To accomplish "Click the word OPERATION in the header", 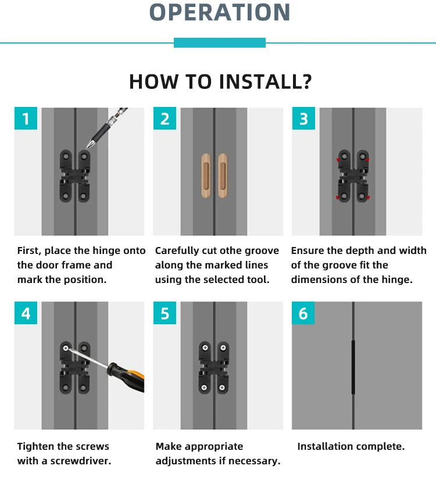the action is coord(220,12).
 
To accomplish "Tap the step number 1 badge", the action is coord(26,118).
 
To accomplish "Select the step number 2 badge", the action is coord(165,118).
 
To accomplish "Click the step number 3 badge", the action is coord(303,118).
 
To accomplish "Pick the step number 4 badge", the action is coord(26,313).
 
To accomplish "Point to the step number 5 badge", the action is coord(165,313).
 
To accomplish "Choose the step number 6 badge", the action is coord(303,313).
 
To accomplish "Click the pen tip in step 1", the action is coord(87,148).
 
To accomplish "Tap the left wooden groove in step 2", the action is coord(206,175).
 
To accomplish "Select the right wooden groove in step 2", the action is coord(223,175).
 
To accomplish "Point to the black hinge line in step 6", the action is coord(353,367).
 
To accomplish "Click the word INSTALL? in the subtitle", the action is coord(265,82).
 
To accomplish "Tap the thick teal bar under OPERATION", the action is coord(220,42).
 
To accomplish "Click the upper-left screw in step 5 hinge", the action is coord(205,348).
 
